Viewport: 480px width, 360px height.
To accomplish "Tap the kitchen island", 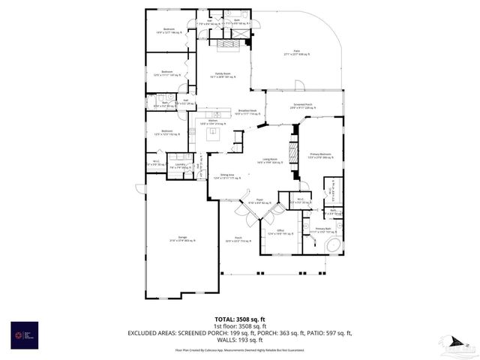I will point(213,134).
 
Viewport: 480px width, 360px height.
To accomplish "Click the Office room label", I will point(279,232).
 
